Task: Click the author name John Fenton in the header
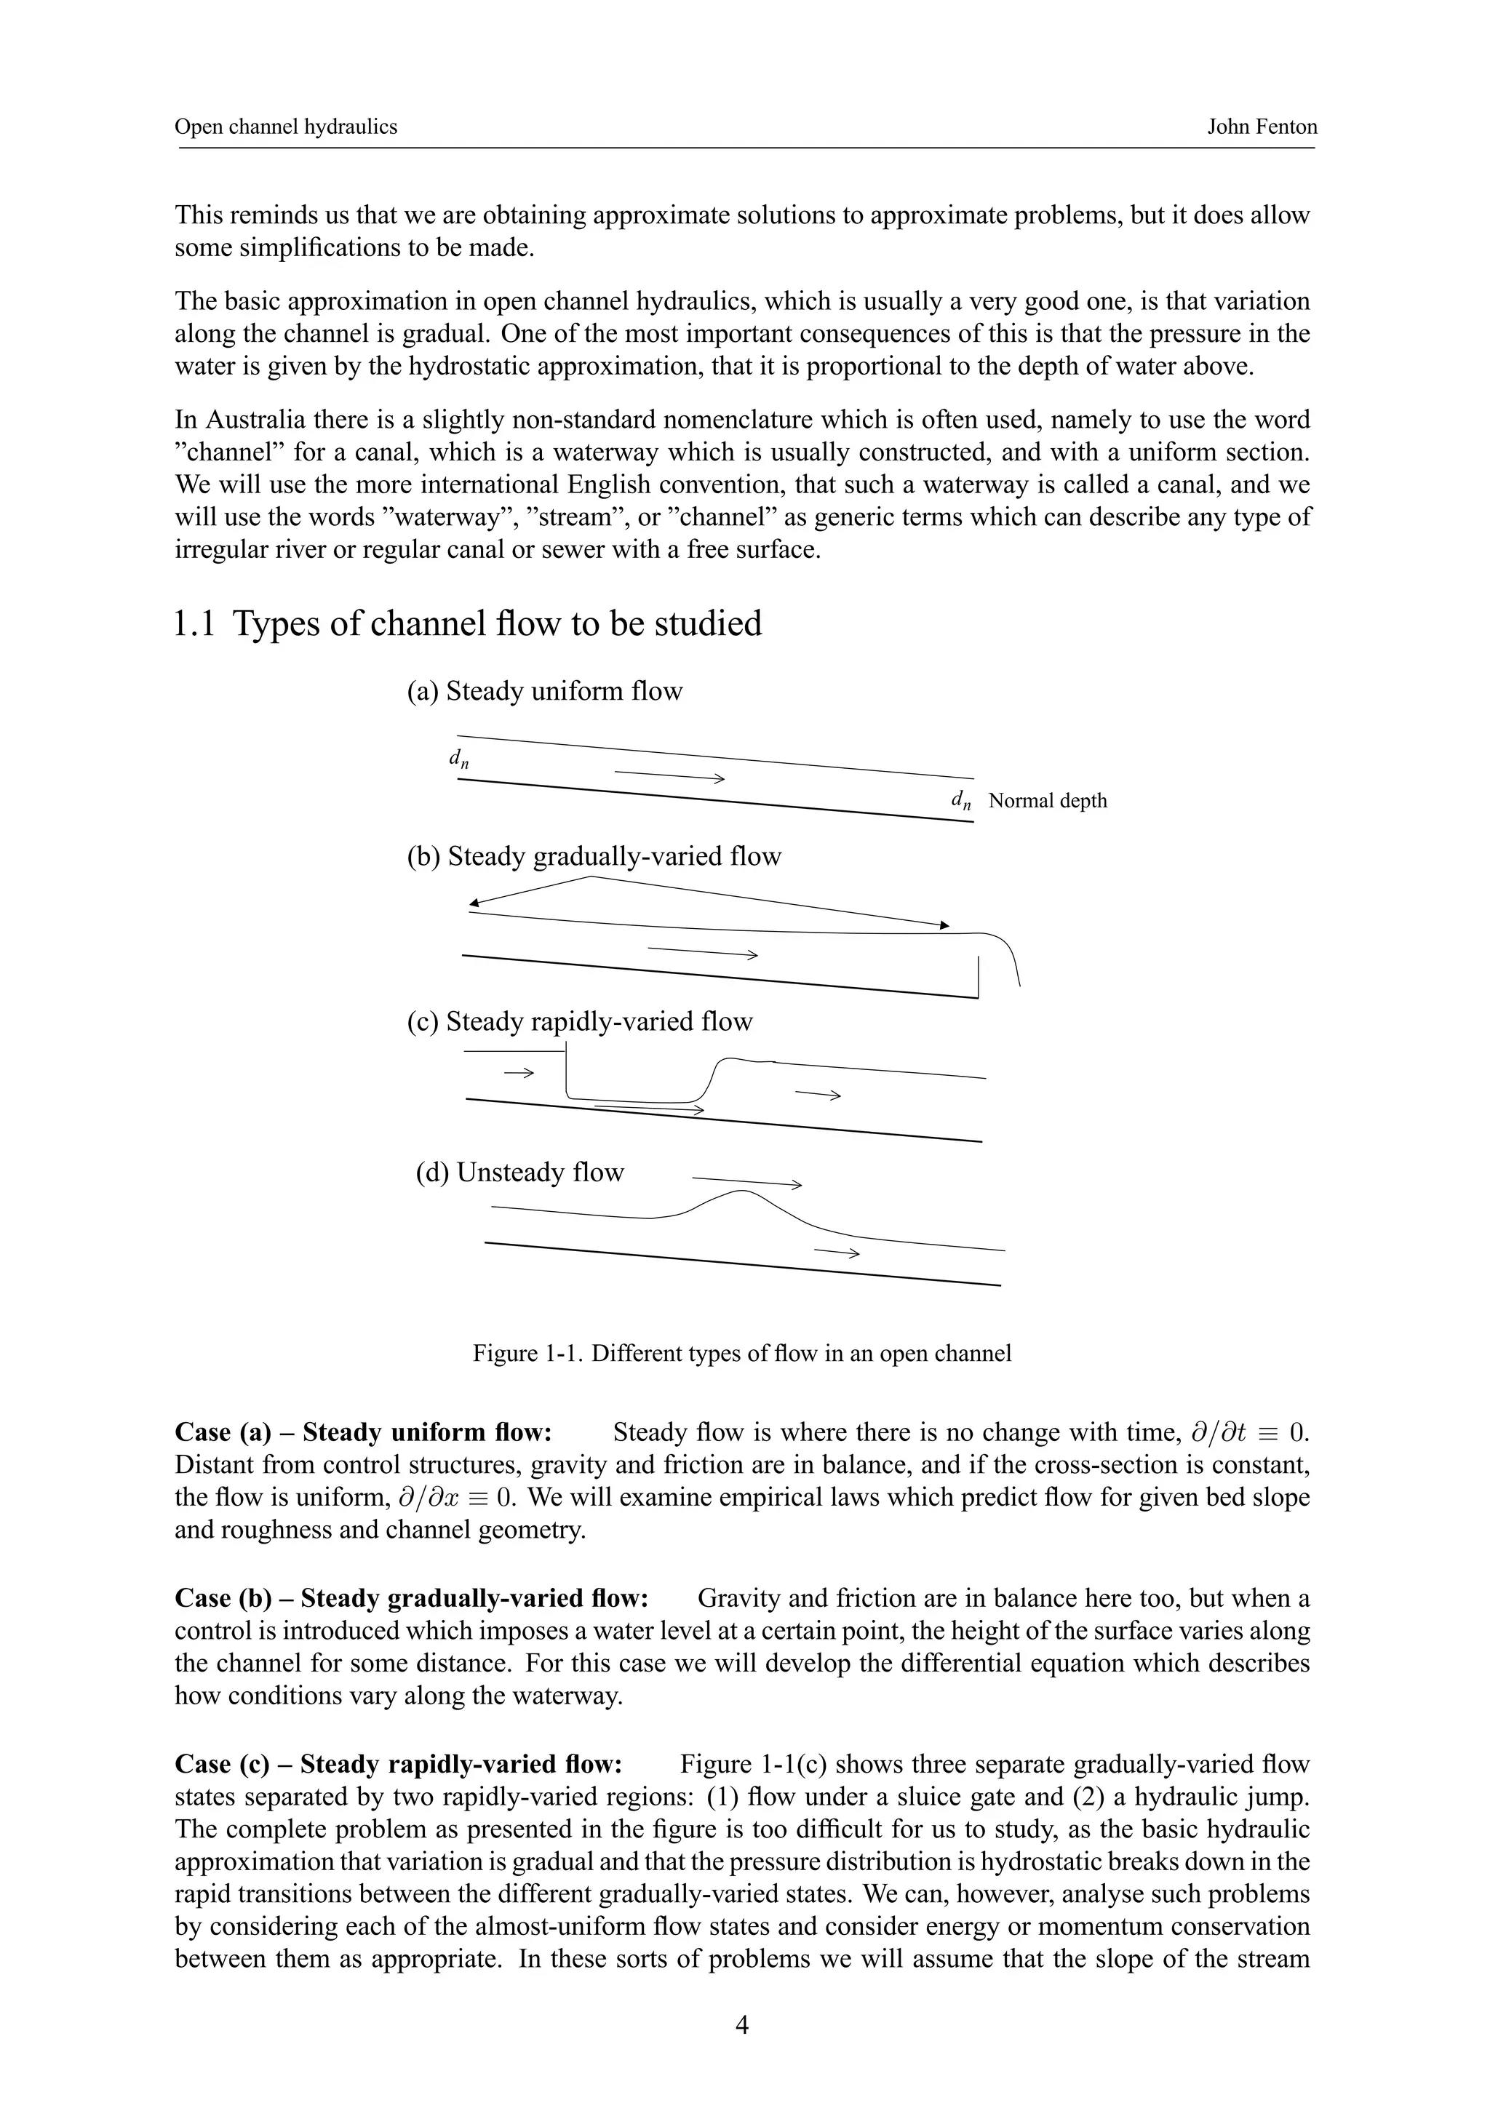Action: (1262, 127)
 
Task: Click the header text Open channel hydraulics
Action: (285, 127)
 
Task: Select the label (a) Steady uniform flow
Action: (544, 691)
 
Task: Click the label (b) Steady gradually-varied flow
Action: (594, 857)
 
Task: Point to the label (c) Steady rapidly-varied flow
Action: (579, 1022)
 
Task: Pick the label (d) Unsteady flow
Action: (519, 1173)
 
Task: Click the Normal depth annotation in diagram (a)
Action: (1048, 801)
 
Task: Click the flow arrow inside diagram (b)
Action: (702, 952)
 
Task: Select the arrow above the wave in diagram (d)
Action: (746, 1181)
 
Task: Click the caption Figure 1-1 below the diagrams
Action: (742, 1353)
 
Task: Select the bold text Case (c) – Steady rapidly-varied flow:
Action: (399, 1764)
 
